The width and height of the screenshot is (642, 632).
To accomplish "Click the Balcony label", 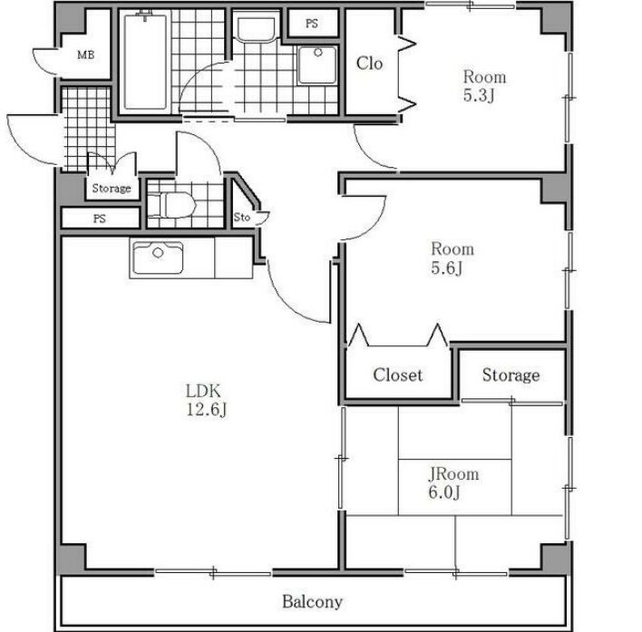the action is coord(312,602).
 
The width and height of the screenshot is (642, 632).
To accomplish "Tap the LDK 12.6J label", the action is coord(206,400).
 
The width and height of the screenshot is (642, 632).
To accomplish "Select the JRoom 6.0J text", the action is coord(453,482).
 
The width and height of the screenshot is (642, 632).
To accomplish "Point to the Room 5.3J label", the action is coord(484,86).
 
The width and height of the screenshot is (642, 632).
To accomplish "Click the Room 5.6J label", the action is coord(452,258).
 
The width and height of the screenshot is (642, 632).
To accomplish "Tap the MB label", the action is coord(86,54).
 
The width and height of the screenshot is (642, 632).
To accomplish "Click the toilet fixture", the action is coord(171,204).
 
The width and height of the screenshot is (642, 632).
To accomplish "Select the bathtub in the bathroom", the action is coord(145,62).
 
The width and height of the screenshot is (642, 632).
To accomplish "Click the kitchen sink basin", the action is coord(158,258).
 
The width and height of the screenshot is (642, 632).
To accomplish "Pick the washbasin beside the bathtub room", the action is coord(257,29).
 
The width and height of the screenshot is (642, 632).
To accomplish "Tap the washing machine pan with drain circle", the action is coord(317,64).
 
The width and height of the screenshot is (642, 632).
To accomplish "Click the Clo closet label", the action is coord(369,63).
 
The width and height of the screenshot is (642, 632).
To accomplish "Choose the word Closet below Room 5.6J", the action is coord(397,375).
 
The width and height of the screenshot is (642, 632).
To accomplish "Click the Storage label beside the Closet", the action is coord(511,375).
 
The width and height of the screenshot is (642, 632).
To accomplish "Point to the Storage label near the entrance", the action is coord(112,189).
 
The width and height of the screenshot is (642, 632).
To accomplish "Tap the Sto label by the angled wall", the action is coord(241,218).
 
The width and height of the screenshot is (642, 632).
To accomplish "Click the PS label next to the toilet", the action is coord(100,219).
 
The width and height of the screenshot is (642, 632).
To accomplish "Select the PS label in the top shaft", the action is coord(312,24).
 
